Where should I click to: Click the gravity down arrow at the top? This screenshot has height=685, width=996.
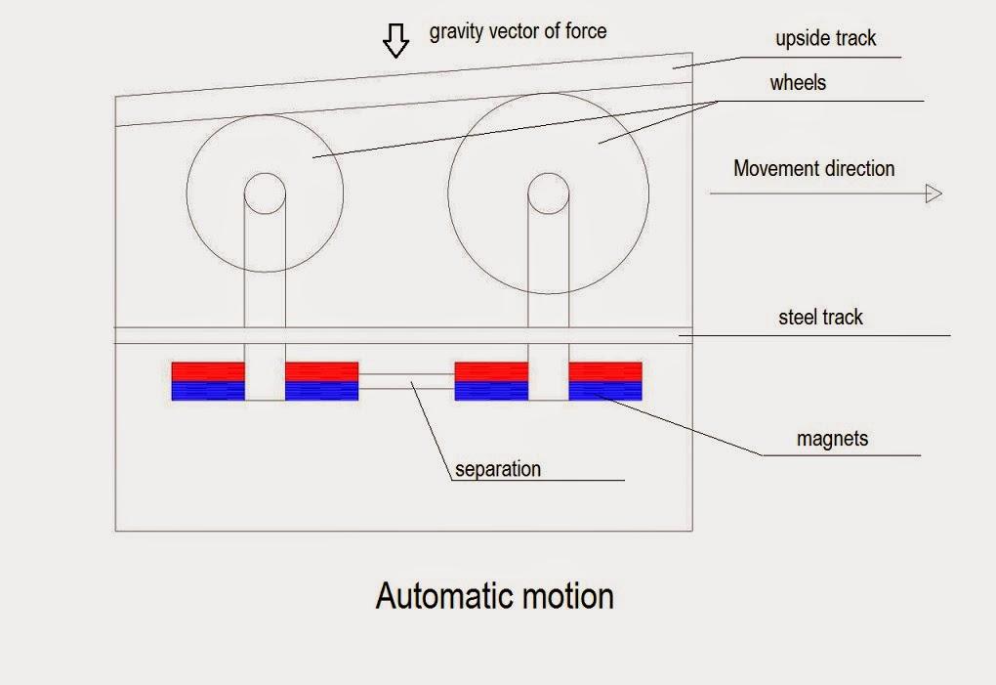(395, 40)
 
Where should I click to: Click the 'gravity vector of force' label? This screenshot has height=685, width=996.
(518, 31)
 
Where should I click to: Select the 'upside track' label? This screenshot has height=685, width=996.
(825, 38)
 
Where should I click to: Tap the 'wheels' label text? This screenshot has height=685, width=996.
(798, 83)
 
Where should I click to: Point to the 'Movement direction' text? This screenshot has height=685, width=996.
(813, 168)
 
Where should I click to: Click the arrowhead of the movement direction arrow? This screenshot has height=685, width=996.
(934, 193)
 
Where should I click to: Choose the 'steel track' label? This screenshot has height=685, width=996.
(820, 317)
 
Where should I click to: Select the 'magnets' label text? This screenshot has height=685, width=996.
(832, 439)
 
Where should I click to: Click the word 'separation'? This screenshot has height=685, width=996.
(498, 469)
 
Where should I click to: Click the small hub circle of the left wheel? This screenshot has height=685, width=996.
(265, 174)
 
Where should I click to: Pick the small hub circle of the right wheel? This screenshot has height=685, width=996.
(548, 174)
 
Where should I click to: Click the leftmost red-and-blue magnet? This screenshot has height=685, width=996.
(208, 381)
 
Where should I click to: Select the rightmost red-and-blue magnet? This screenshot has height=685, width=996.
(605, 381)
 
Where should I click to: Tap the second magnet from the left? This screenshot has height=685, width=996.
(322, 381)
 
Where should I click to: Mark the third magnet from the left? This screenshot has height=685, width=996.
(491, 381)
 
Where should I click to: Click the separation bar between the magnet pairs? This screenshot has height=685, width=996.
(406, 381)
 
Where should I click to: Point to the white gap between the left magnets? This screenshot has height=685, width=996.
(265, 381)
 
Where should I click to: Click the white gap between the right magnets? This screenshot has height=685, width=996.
(548, 381)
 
